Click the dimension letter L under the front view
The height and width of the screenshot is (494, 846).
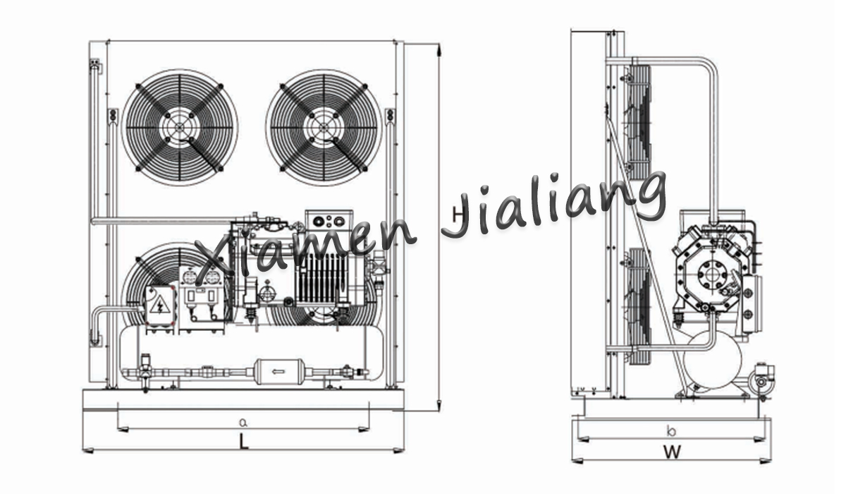click(x=245, y=442)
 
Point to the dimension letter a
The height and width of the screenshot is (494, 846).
click(x=244, y=422)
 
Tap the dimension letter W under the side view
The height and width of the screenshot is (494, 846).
click(x=672, y=452)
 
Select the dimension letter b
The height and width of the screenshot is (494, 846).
click(x=671, y=430)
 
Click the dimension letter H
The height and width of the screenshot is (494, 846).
click(x=458, y=215)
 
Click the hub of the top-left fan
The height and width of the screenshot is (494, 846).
click(x=180, y=127)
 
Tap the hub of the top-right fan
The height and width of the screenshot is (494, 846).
click(x=324, y=127)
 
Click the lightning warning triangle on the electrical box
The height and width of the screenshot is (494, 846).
click(x=160, y=305)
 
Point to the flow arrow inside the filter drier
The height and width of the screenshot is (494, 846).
click(x=278, y=371)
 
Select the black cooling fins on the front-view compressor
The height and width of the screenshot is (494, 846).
click(x=322, y=278)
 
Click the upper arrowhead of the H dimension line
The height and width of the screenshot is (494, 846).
click(x=439, y=50)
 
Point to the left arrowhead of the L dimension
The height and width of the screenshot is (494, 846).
click(x=87, y=450)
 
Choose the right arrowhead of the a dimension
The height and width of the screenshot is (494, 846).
click(x=364, y=429)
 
